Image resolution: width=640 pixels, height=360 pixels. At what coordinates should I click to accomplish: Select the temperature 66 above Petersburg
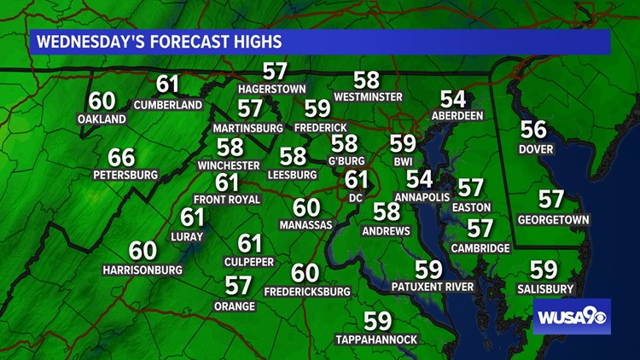[121, 158]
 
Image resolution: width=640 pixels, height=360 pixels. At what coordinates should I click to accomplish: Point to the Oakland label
[102, 119]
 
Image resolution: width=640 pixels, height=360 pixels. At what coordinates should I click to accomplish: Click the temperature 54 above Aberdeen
[453, 99]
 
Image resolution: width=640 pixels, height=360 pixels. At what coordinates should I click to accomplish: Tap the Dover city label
[535, 149]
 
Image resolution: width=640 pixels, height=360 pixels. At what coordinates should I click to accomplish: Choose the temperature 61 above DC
[356, 180]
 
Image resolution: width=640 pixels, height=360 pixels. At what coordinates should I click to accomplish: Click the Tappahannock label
[376, 340]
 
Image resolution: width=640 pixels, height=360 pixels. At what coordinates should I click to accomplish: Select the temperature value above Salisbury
[544, 270]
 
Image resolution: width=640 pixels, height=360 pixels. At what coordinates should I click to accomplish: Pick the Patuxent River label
[432, 287]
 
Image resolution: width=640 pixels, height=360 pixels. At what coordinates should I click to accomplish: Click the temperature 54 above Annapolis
[419, 179]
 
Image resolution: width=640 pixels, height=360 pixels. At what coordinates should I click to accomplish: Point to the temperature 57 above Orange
[238, 286]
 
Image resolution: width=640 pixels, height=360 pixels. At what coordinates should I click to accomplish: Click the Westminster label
[368, 97]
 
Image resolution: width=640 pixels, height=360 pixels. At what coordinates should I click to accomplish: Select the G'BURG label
[346, 160]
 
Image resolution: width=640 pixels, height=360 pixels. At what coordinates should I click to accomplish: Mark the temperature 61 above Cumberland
[168, 84]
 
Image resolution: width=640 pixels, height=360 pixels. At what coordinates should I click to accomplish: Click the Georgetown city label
[553, 219]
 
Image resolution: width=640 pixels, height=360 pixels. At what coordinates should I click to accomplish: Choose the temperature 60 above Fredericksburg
[305, 273]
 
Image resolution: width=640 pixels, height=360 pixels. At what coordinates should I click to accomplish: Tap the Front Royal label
[227, 199]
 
